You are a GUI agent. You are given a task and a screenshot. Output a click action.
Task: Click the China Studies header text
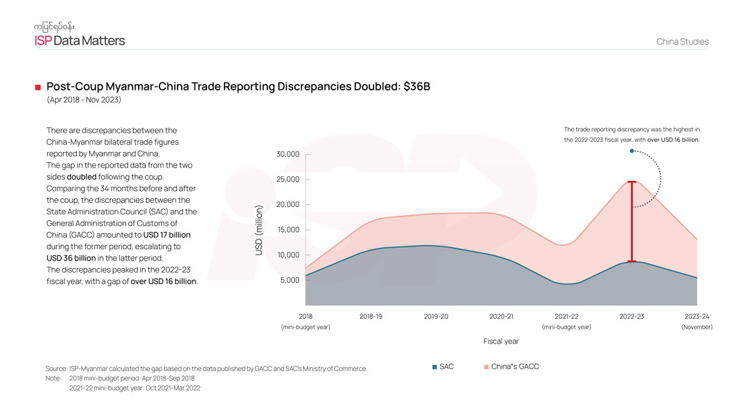click(682, 42)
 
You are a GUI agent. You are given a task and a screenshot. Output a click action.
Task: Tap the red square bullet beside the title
click(38, 88)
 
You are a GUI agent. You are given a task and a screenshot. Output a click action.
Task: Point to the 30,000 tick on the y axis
click(288, 155)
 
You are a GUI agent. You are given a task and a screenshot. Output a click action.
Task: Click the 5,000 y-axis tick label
click(290, 281)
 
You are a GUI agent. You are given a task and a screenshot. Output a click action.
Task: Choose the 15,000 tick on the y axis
click(288, 230)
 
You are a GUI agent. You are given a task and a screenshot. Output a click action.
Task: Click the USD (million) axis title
click(259, 230)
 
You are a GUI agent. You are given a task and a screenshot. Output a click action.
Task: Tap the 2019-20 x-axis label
click(436, 316)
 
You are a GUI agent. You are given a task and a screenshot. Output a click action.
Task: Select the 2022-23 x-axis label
click(631, 316)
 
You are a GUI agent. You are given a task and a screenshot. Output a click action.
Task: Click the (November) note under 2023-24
click(696, 327)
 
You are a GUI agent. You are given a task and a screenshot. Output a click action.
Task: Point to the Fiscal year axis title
click(501, 341)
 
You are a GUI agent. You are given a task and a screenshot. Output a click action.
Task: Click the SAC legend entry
click(443, 367)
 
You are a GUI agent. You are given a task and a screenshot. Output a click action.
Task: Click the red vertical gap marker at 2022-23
click(631, 221)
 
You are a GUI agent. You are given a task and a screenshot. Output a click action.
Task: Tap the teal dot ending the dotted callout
click(631, 151)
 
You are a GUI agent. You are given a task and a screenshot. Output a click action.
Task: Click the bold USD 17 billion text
click(167, 235)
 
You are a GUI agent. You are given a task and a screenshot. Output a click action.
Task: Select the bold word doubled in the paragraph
click(82, 177)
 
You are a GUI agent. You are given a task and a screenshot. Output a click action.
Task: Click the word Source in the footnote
click(56, 368)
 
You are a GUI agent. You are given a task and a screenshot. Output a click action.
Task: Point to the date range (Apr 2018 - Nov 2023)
click(84, 100)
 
